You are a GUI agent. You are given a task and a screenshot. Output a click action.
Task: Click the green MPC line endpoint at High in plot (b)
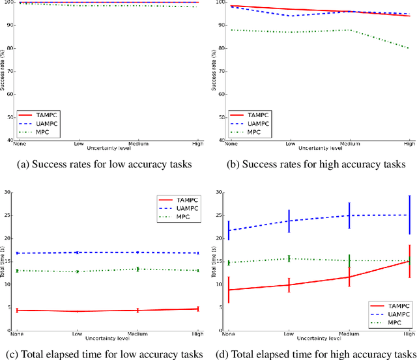pyautogui.click(x=409, y=48)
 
